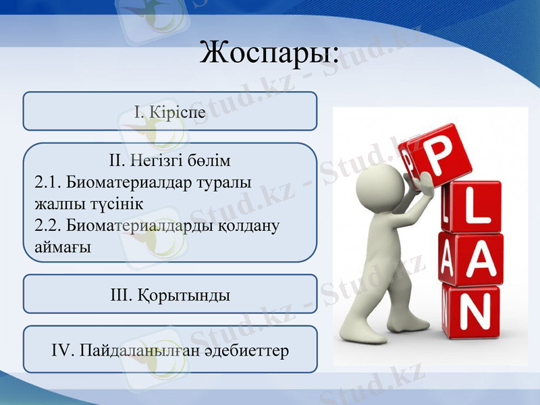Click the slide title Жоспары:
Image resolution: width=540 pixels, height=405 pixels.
point(269,53)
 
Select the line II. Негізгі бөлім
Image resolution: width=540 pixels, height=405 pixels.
point(169,161)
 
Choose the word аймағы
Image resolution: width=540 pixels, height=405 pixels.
point(63,247)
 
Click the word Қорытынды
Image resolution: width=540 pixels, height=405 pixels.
point(184,295)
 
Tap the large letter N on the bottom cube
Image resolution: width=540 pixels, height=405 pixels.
point(475,311)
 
